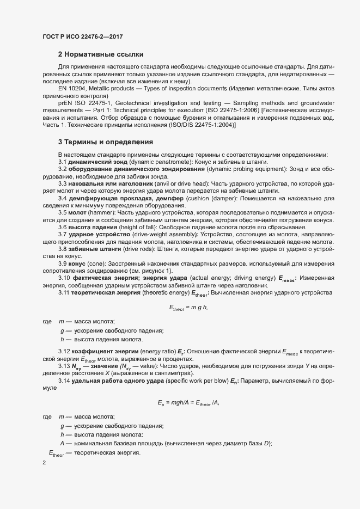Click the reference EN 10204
pyautogui.click(x=72, y=88)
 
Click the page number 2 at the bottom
pyautogui.click(x=44, y=463)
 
